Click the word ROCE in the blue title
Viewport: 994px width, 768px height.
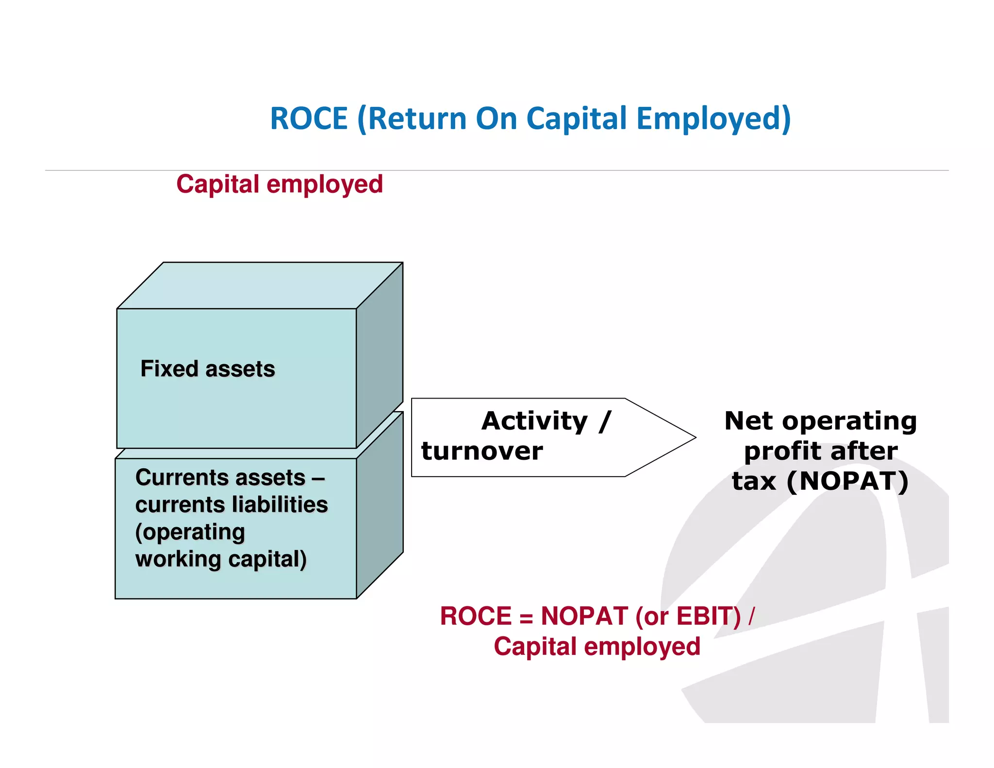point(309,118)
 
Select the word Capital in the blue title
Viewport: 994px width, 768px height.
point(577,119)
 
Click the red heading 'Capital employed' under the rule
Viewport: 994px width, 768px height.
point(280,184)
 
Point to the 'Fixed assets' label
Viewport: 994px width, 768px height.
point(208,369)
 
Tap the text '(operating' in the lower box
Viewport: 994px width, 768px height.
point(190,533)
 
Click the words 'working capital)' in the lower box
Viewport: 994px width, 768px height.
point(221,559)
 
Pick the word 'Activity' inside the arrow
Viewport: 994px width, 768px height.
point(534,421)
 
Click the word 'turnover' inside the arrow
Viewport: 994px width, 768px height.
point(482,451)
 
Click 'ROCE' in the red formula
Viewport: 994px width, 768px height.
point(476,617)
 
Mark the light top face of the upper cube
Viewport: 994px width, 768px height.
point(260,285)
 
